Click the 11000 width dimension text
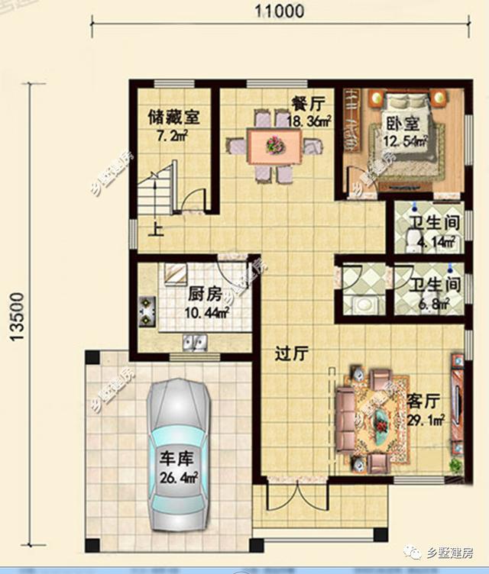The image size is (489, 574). [x=280, y=11]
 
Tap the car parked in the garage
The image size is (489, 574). [x=179, y=453]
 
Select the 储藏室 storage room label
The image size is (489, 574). [x=173, y=118]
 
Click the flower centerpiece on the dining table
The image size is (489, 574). [x=275, y=144]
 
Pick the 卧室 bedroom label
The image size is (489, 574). [x=403, y=124]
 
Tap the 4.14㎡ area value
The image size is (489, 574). [x=437, y=242]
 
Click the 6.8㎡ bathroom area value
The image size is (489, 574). [x=435, y=304]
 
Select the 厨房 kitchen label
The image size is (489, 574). [x=205, y=295]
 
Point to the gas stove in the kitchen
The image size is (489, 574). [x=147, y=312]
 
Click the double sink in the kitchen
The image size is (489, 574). [x=195, y=343]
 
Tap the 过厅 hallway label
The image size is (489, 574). [x=292, y=354]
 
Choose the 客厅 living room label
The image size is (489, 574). [x=424, y=401]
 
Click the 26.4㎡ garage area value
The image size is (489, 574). [x=179, y=477]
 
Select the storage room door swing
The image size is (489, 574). [x=192, y=198]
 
